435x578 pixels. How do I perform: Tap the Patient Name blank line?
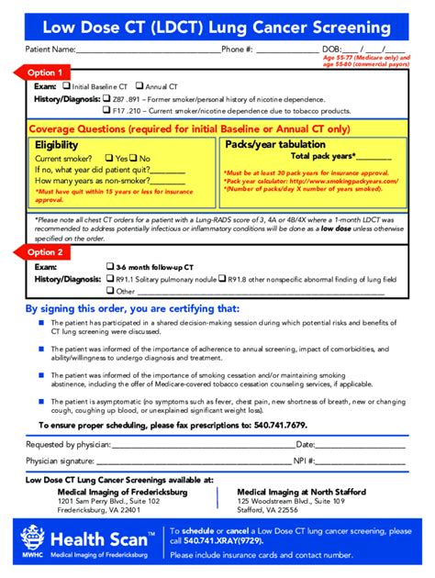[x=147, y=50]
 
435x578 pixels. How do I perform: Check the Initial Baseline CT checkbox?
[x=66, y=86]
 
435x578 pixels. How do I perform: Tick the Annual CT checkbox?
[x=140, y=86]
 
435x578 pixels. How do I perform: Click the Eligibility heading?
[x=57, y=145]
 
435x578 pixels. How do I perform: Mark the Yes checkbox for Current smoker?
[x=109, y=158]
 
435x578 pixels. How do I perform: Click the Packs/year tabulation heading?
[x=274, y=145]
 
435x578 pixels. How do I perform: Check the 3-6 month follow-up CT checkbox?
[x=108, y=266]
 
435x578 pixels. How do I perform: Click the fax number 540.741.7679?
[x=274, y=425]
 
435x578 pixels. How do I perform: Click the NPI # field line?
[x=363, y=461]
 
